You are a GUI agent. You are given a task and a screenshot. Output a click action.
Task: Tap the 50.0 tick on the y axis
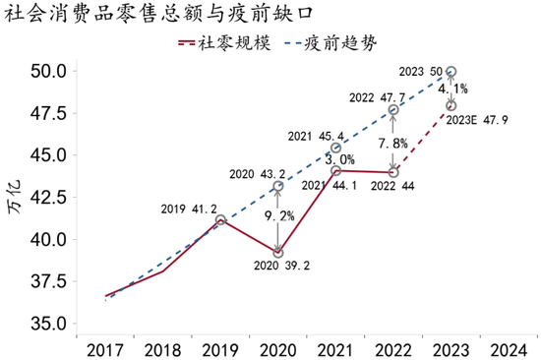[x=47, y=72]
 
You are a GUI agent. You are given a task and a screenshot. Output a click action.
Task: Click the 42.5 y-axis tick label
[x=47, y=197]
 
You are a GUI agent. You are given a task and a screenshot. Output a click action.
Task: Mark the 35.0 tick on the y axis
[x=47, y=324]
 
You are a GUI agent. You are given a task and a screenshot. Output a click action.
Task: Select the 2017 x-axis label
[x=104, y=348]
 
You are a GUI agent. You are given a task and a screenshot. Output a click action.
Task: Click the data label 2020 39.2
[x=278, y=267]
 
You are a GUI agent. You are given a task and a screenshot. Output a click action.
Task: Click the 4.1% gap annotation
[x=452, y=89]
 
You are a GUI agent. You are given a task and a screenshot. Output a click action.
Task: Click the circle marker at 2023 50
[x=451, y=72]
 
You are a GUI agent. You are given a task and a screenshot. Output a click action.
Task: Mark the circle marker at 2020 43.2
[x=278, y=185]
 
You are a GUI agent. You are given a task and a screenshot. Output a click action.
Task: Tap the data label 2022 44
[x=394, y=186]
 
